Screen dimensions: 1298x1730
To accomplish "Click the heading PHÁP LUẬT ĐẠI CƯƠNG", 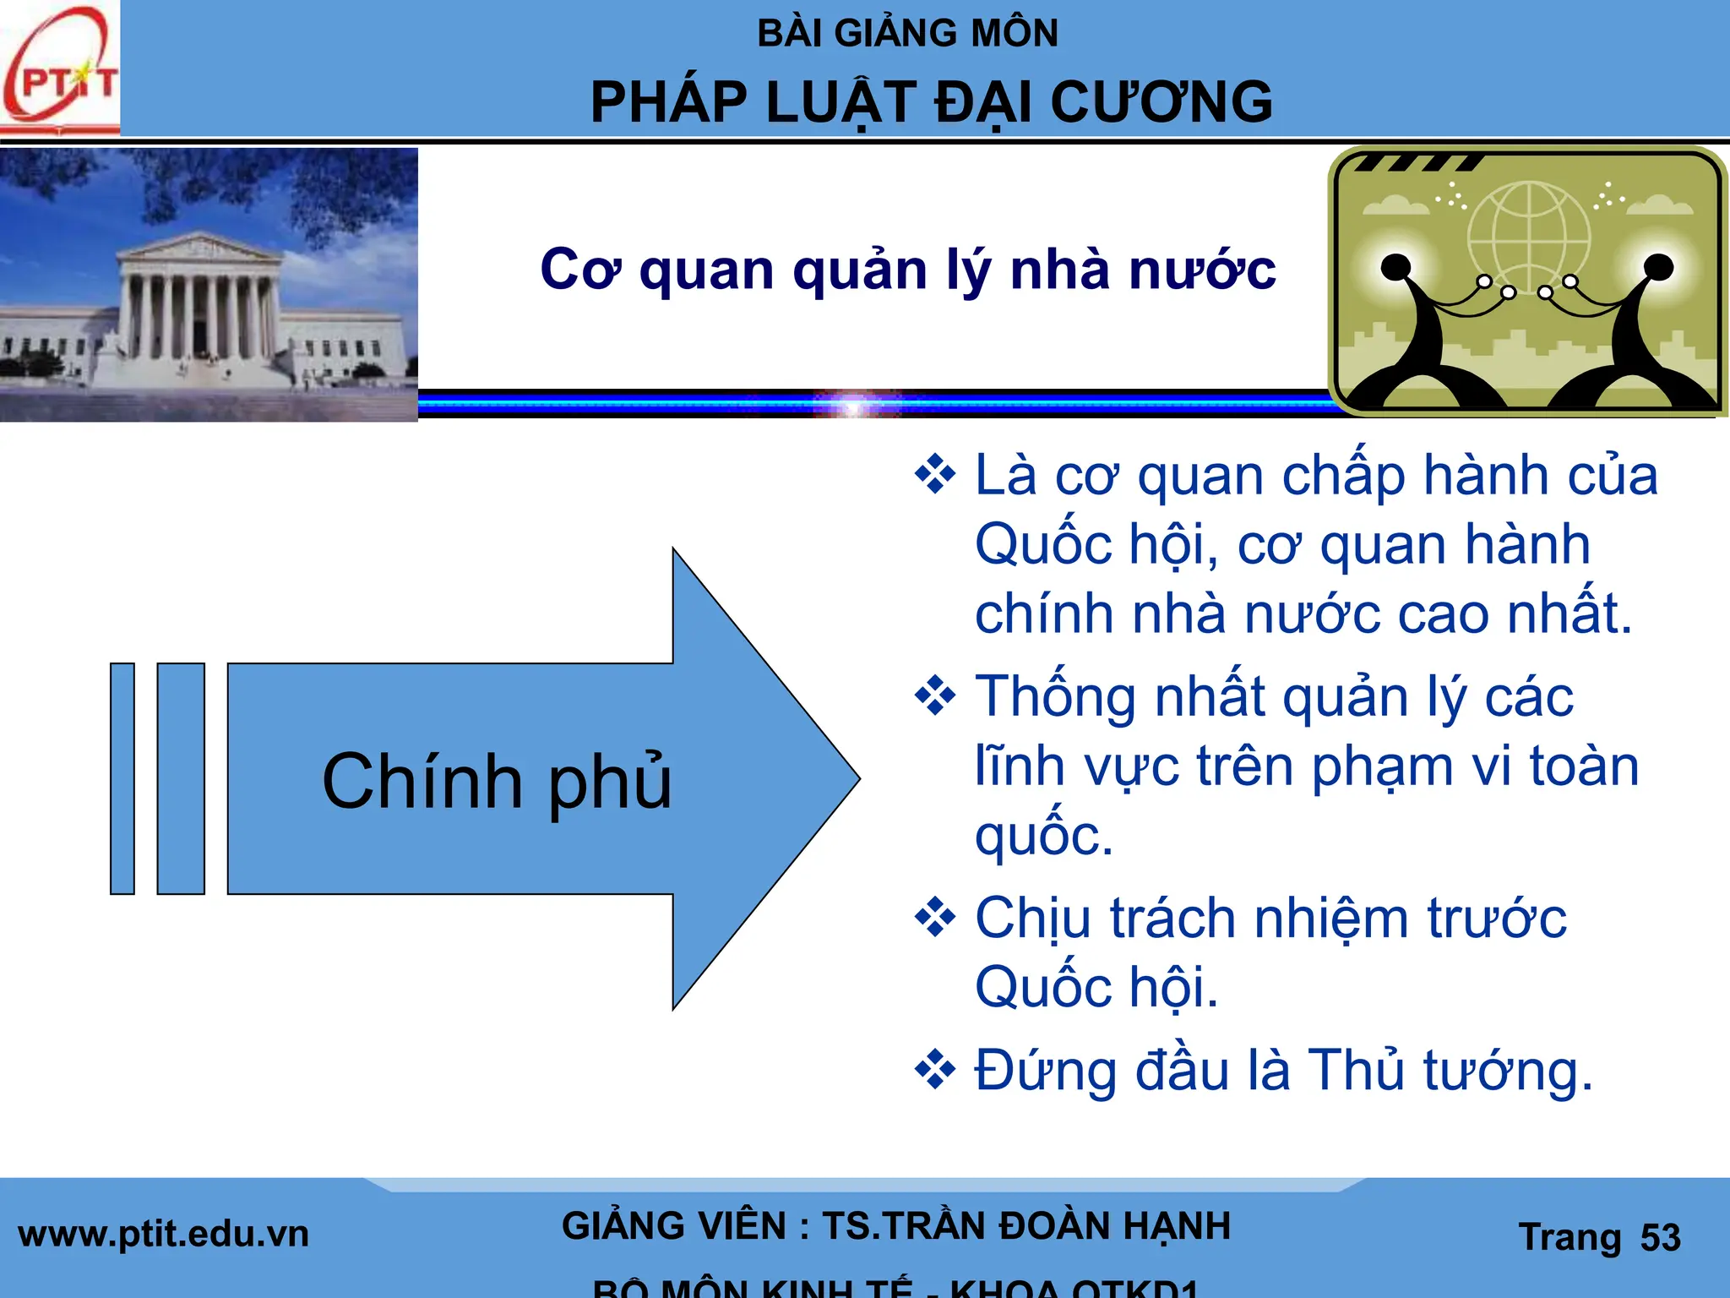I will pos(931,103).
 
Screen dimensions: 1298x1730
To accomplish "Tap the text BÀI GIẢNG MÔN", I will pos(907,34).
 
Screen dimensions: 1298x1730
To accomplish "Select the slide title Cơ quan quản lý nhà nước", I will pos(907,270).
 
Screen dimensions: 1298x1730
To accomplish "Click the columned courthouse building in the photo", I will pos(199,304).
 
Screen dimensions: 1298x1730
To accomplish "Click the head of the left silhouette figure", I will pos(1395,268).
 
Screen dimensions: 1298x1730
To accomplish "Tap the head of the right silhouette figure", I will pos(1659,267).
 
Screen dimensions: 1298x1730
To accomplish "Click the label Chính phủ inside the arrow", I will pos(497,781).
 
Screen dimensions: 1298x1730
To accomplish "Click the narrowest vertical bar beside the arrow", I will pos(122,778).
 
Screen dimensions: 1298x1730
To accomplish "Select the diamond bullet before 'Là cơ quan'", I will pos(935,474).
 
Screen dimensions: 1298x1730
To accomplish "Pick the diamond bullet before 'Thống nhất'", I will pos(935,696).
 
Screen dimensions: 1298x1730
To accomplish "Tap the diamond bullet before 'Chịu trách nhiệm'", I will pos(935,918).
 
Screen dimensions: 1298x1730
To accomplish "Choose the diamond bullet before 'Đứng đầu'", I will pos(935,1071).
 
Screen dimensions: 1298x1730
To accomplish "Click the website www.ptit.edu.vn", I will pos(164,1235).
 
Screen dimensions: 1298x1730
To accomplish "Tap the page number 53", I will pos(1660,1237).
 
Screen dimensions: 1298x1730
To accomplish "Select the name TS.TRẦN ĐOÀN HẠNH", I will pos(1026,1226).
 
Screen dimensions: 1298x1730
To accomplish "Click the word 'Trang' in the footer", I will pos(1570,1237).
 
